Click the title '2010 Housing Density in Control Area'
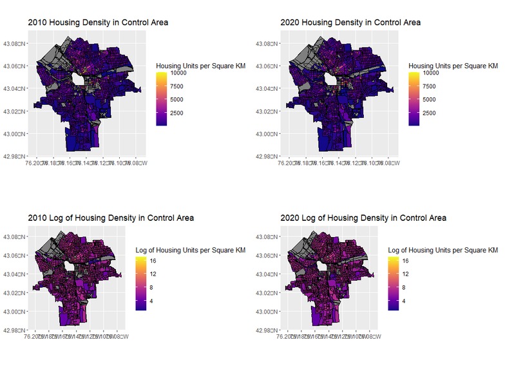pos(97,23)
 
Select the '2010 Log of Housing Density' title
pos(111,218)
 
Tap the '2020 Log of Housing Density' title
pos(363,218)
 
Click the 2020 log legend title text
pos(443,250)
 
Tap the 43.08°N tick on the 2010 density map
pos(14,44)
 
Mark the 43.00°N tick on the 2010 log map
pos(14,312)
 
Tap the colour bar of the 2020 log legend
pos(394,283)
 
